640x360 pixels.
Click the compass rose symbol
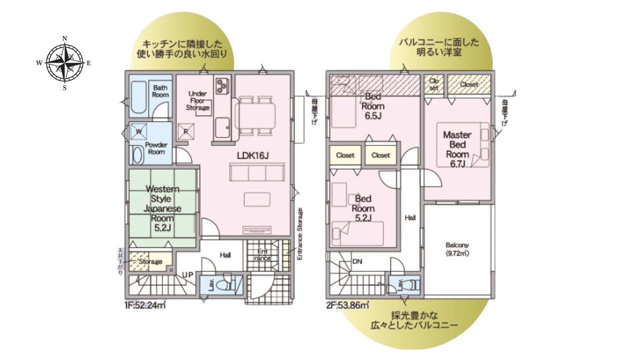coord(64,63)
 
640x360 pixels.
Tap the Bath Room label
coord(160,90)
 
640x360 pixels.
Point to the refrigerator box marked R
coord(185,131)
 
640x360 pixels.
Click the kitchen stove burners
coord(222,85)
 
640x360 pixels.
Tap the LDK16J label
coord(252,155)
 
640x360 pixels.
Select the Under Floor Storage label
coord(198,100)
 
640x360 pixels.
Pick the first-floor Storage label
coord(150,261)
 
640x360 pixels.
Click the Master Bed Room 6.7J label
coord(457,149)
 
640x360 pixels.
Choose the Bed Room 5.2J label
coord(363,208)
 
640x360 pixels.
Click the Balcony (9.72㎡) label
coord(457,248)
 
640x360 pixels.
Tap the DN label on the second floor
coord(357,261)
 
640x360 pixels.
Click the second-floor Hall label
coord(410,217)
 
